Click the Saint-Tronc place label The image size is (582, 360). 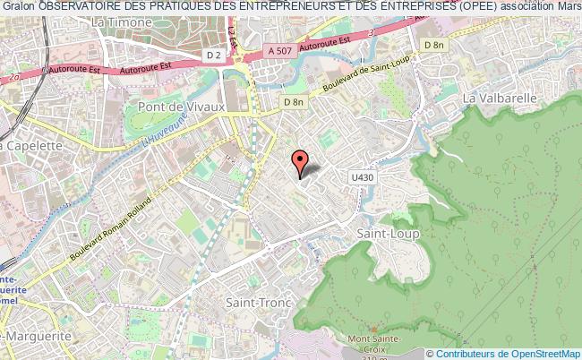point(257,303)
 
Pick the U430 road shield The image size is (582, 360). point(361,178)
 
